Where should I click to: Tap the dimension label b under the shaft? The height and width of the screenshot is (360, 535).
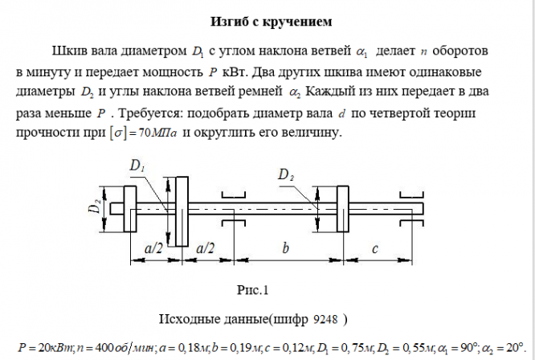285,249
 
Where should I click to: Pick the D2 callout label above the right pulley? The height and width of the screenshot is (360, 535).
286,174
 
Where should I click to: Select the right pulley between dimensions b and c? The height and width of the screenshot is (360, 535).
342,209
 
